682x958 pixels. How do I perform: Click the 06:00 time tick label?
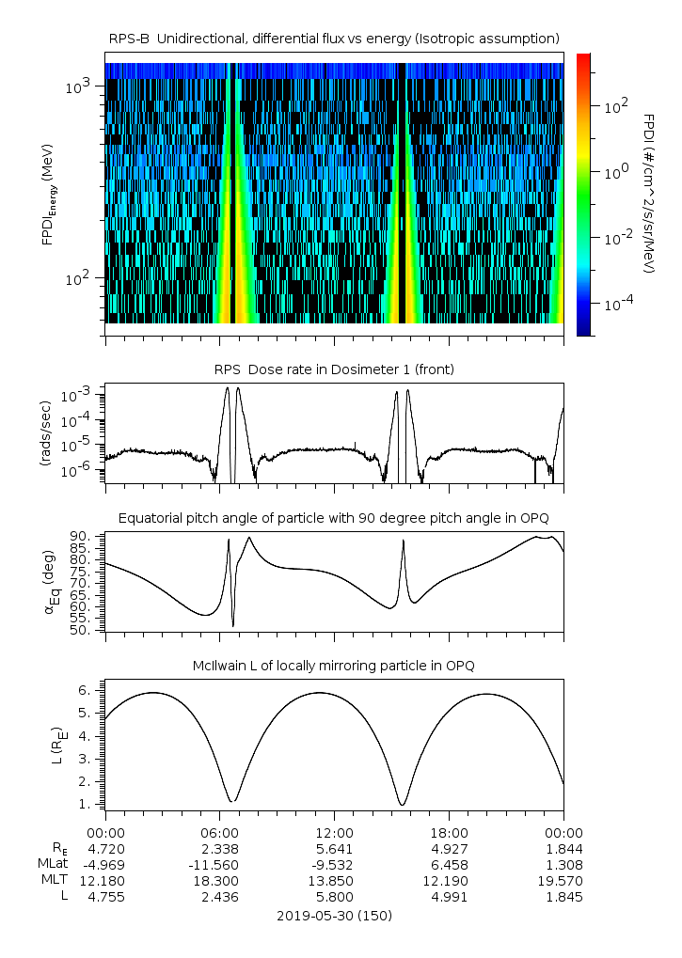pyautogui.click(x=219, y=832)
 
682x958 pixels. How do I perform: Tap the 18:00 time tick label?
pyautogui.click(x=449, y=832)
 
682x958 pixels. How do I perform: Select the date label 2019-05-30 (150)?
pyautogui.click(x=334, y=915)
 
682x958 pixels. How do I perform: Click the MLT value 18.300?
pyautogui.click(x=219, y=881)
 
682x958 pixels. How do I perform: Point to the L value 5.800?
pyautogui.click(x=334, y=897)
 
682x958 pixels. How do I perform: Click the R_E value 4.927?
pyautogui.click(x=449, y=848)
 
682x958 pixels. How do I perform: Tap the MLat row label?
pyautogui.click(x=52, y=864)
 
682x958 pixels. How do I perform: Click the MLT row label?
pyautogui.click(x=54, y=881)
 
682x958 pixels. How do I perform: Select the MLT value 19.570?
pyautogui.click(x=563, y=881)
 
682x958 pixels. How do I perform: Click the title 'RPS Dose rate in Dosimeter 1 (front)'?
pyautogui.click(x=334, y=369)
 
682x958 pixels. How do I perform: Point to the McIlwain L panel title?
pyautogui.click(x=334, y=666)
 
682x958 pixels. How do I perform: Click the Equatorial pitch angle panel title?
pyautogui.click(x=334, y=518)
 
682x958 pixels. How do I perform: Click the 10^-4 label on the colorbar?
pyautogui.click(x=615, y=305)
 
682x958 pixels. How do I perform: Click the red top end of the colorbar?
pyautogui.click(x=583, y=58)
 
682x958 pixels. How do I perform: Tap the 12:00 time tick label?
pyautogui.click(x=334, y=832)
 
